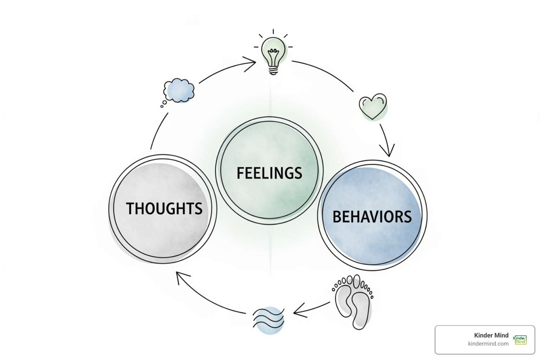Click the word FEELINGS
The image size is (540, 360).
point(269,173)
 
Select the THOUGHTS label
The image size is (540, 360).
point(164,208)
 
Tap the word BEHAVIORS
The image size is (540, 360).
point(372,217)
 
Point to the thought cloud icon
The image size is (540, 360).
point(179,91)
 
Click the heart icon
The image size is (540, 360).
point(373,106)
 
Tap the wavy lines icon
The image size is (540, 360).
point(269,319)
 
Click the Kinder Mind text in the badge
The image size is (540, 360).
point(491,335)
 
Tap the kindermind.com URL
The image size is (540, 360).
point(488,344)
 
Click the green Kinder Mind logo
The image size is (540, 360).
point(520,340)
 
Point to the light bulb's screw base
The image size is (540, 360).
point(274,71)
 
